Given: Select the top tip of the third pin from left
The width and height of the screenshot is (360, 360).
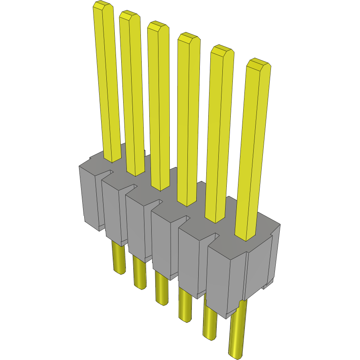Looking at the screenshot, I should pos(157,26).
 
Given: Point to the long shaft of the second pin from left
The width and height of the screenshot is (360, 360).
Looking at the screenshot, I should pos(132,92).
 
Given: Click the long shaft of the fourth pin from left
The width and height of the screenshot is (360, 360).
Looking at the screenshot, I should pos(189,120).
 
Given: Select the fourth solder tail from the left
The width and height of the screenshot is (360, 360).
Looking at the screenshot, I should pos(185,305).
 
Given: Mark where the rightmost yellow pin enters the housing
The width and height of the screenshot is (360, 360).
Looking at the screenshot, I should pos(245,237).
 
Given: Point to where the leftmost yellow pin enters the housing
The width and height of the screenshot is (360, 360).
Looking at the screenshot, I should pos(112,159).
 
